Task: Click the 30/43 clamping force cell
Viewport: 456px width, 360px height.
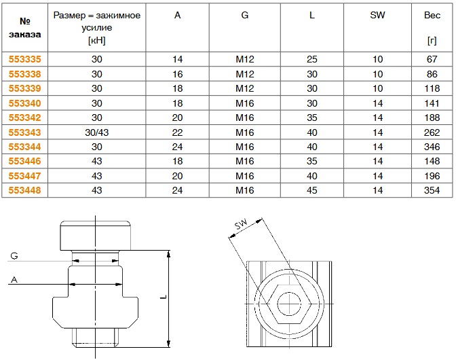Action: [x=96, y=132]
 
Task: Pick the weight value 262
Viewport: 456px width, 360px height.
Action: [x=432, y=132]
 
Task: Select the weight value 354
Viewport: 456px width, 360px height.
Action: [x=432, y=191]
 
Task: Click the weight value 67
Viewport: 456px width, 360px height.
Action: [x=432, y=59]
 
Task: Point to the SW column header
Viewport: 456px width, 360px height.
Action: [x=377, y=16]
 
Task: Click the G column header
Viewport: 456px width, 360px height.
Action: [x=245, y=16]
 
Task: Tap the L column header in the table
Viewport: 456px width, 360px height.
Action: [x=311, y=16]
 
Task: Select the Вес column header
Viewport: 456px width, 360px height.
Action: [x=432, y=16]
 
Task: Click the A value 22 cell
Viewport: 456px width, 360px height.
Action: [x=178, y=132]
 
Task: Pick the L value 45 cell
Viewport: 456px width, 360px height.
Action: [x=311, y=191]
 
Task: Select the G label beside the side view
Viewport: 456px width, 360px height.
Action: [x=14, y=255]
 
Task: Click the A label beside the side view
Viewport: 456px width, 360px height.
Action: [x=14, y=278]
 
